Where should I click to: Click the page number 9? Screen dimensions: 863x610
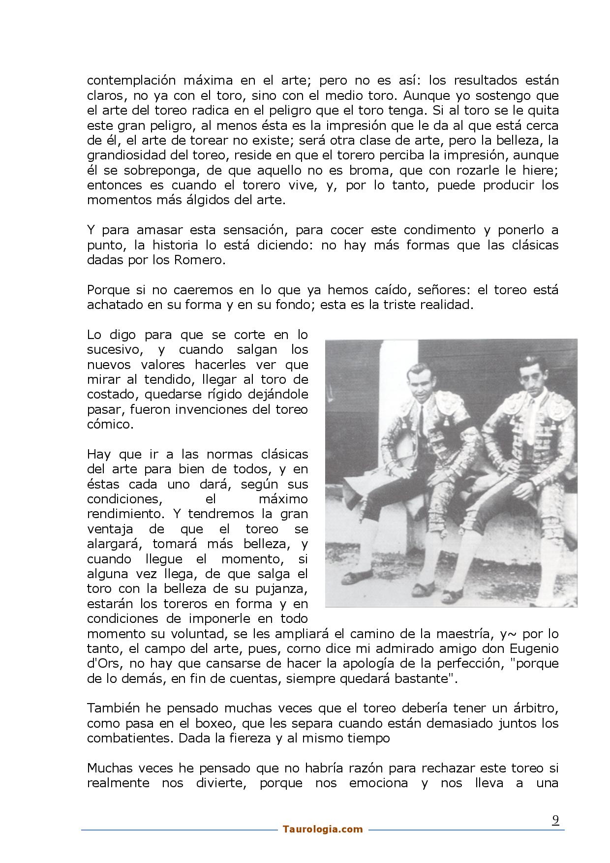pyautogui.click(x=555, y=820)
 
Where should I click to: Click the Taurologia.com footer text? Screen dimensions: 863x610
pyautogui.click(x=323, y=829)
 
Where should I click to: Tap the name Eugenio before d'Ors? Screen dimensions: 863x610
pyautogui.click(x=534, y=648)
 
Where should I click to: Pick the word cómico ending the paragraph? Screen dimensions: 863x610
pyautogui.click(x=110, y=424)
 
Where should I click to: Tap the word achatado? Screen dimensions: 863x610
pyautogui.click(x=112, y=305)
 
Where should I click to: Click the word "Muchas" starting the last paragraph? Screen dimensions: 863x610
pyautogui.click(x=108, y=768)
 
